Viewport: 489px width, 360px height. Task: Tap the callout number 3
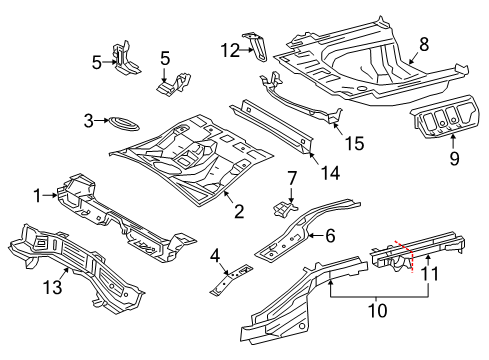89,121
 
